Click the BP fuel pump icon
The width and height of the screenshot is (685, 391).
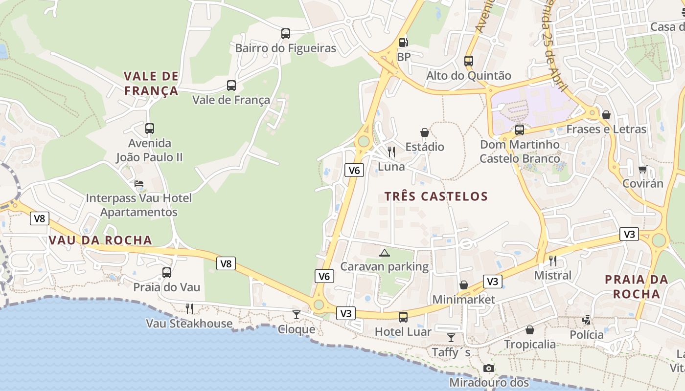403,43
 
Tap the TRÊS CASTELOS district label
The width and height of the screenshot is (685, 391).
436,196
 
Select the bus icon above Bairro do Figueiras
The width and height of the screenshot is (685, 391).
286,34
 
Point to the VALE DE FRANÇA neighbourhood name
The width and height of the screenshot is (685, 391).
151,84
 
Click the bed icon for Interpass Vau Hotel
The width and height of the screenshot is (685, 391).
139,184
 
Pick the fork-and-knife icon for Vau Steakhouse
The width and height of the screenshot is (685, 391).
189,308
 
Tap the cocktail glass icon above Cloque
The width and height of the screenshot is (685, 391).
297,315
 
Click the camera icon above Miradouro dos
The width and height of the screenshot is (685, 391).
488,368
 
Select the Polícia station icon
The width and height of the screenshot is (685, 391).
586,321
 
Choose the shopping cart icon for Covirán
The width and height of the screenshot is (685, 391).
642,169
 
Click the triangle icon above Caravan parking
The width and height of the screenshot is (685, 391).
385,253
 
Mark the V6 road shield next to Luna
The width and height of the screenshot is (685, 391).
354,170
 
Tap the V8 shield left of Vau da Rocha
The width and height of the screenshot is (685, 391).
40,218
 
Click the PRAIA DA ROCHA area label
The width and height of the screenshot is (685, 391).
636,286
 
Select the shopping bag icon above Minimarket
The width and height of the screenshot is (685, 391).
463,285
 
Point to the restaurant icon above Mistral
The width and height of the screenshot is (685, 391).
553,261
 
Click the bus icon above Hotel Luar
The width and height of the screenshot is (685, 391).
403,317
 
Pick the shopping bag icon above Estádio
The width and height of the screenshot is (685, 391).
424,132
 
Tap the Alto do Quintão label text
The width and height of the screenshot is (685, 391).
468,75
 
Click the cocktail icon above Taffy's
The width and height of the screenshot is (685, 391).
451,338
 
